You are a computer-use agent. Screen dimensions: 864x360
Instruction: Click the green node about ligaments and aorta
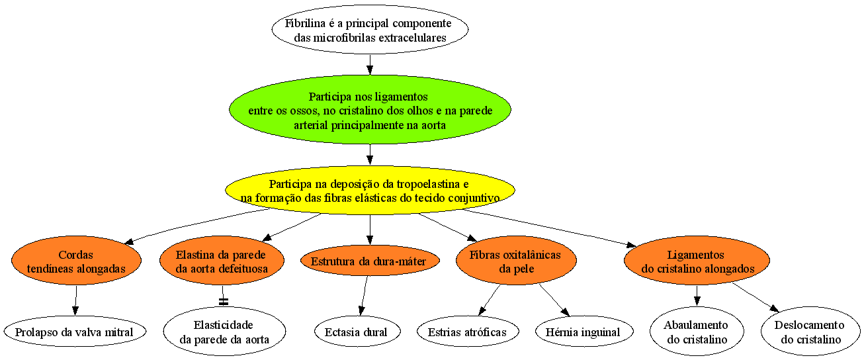pos(370,110)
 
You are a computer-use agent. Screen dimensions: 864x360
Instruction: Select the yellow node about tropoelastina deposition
pos(370,190)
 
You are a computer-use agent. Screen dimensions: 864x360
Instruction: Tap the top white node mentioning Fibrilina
pos(370,29)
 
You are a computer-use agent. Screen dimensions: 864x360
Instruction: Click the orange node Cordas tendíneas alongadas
pos(76,261)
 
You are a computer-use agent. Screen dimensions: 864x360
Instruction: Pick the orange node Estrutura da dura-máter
pos(370,261)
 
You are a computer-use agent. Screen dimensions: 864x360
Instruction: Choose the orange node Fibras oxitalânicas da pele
pos(516,261)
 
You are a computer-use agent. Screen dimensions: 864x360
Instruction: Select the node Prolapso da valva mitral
pos(75,331)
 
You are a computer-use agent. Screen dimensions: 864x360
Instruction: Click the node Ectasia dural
pos(357,331)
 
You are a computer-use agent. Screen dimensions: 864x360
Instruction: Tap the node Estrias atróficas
pos(468,331)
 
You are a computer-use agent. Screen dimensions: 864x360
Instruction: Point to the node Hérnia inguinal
pos(584,331)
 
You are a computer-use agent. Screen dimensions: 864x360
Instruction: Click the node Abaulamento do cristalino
pos(697,331)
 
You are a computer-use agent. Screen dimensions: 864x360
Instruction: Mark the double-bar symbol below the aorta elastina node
pos(224,302)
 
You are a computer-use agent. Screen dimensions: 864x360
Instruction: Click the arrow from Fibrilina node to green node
pos(370,64)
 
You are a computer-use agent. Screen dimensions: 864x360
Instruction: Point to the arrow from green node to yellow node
pos(370,155)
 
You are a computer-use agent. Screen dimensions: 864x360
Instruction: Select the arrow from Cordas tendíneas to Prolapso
pos(75,300)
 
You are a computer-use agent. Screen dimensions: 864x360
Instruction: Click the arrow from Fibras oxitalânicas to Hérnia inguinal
pos(554,300)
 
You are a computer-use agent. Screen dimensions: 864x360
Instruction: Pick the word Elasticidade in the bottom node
pos(224,324)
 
